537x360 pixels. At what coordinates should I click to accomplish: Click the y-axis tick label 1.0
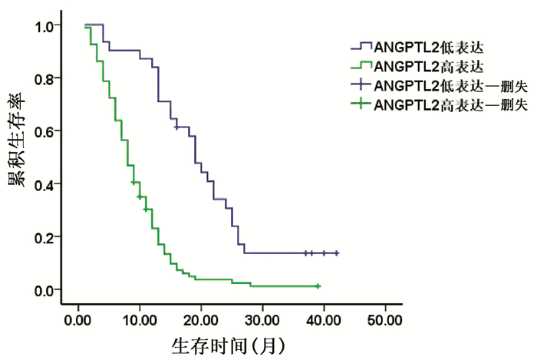coord(44,25)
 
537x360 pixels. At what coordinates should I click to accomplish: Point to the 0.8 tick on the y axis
coord(44,78)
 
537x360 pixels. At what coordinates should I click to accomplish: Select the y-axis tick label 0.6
coord(44,131)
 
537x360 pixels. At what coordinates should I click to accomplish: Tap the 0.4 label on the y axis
coord(44,184)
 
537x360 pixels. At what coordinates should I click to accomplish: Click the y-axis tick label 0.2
coord(44,236)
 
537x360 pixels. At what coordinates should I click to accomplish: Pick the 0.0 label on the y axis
coord(44,289)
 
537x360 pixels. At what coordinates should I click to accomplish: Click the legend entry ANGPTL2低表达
coord(420,48)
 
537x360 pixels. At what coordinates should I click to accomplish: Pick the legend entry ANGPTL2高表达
coord(420,66)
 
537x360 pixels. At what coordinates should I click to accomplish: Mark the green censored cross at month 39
coord(318,286)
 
